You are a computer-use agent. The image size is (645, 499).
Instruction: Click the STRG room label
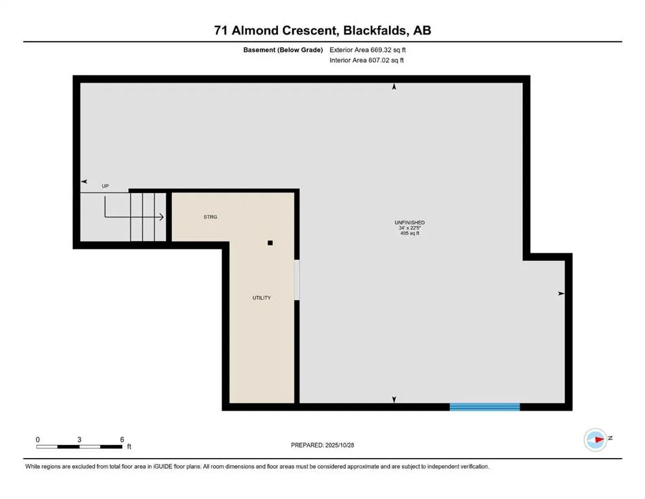(x=210, y=217)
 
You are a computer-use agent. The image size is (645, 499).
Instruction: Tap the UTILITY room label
(x=262, y=298)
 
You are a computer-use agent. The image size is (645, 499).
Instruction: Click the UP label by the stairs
(x=105, y=186)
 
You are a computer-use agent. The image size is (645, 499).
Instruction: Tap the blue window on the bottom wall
(x=485, y=407)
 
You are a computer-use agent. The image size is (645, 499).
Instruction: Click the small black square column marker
(x=271, y=243)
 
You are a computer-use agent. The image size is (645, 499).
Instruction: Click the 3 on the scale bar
(x=79, y=439)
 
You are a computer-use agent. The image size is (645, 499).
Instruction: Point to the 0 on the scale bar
(x=38, y=439)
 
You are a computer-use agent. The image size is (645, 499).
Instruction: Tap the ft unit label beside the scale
(x=129, y=447)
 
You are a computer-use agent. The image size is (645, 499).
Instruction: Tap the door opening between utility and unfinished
(x=297, y=280)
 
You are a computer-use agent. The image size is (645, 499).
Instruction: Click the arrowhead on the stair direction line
(x=160, y=217)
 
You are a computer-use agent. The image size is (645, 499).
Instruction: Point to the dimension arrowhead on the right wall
(x=561, y=294)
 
